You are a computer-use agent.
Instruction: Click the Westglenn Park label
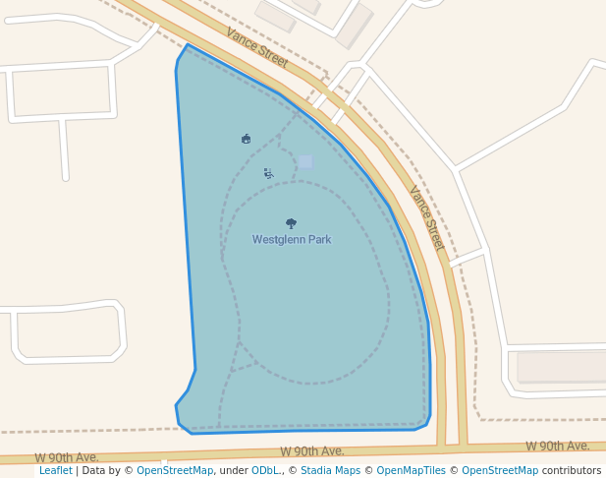tap(291, 239)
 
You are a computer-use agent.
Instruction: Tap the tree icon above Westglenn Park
tap(291, 223)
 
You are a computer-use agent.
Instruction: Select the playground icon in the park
tap(268, 173)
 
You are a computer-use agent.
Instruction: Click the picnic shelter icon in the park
tap(246, 139)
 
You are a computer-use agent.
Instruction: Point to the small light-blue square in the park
tap(305, 161)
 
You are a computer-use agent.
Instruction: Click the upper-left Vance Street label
tap(256, 47)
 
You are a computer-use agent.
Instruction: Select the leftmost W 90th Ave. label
tap(67, 457)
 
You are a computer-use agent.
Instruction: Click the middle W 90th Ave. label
tap(311, 451)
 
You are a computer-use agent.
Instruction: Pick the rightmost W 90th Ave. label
tap(557, 447)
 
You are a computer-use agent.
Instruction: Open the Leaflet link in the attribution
tap(56, 470)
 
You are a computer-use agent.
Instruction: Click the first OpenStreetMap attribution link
tap(175, 470)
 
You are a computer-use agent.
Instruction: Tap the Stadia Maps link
tap(330, 470)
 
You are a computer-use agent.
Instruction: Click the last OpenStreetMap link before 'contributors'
tap(500, 470)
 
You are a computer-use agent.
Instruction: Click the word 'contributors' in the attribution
tap(572, 470)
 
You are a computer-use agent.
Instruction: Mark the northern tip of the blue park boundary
tap(187, 45)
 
